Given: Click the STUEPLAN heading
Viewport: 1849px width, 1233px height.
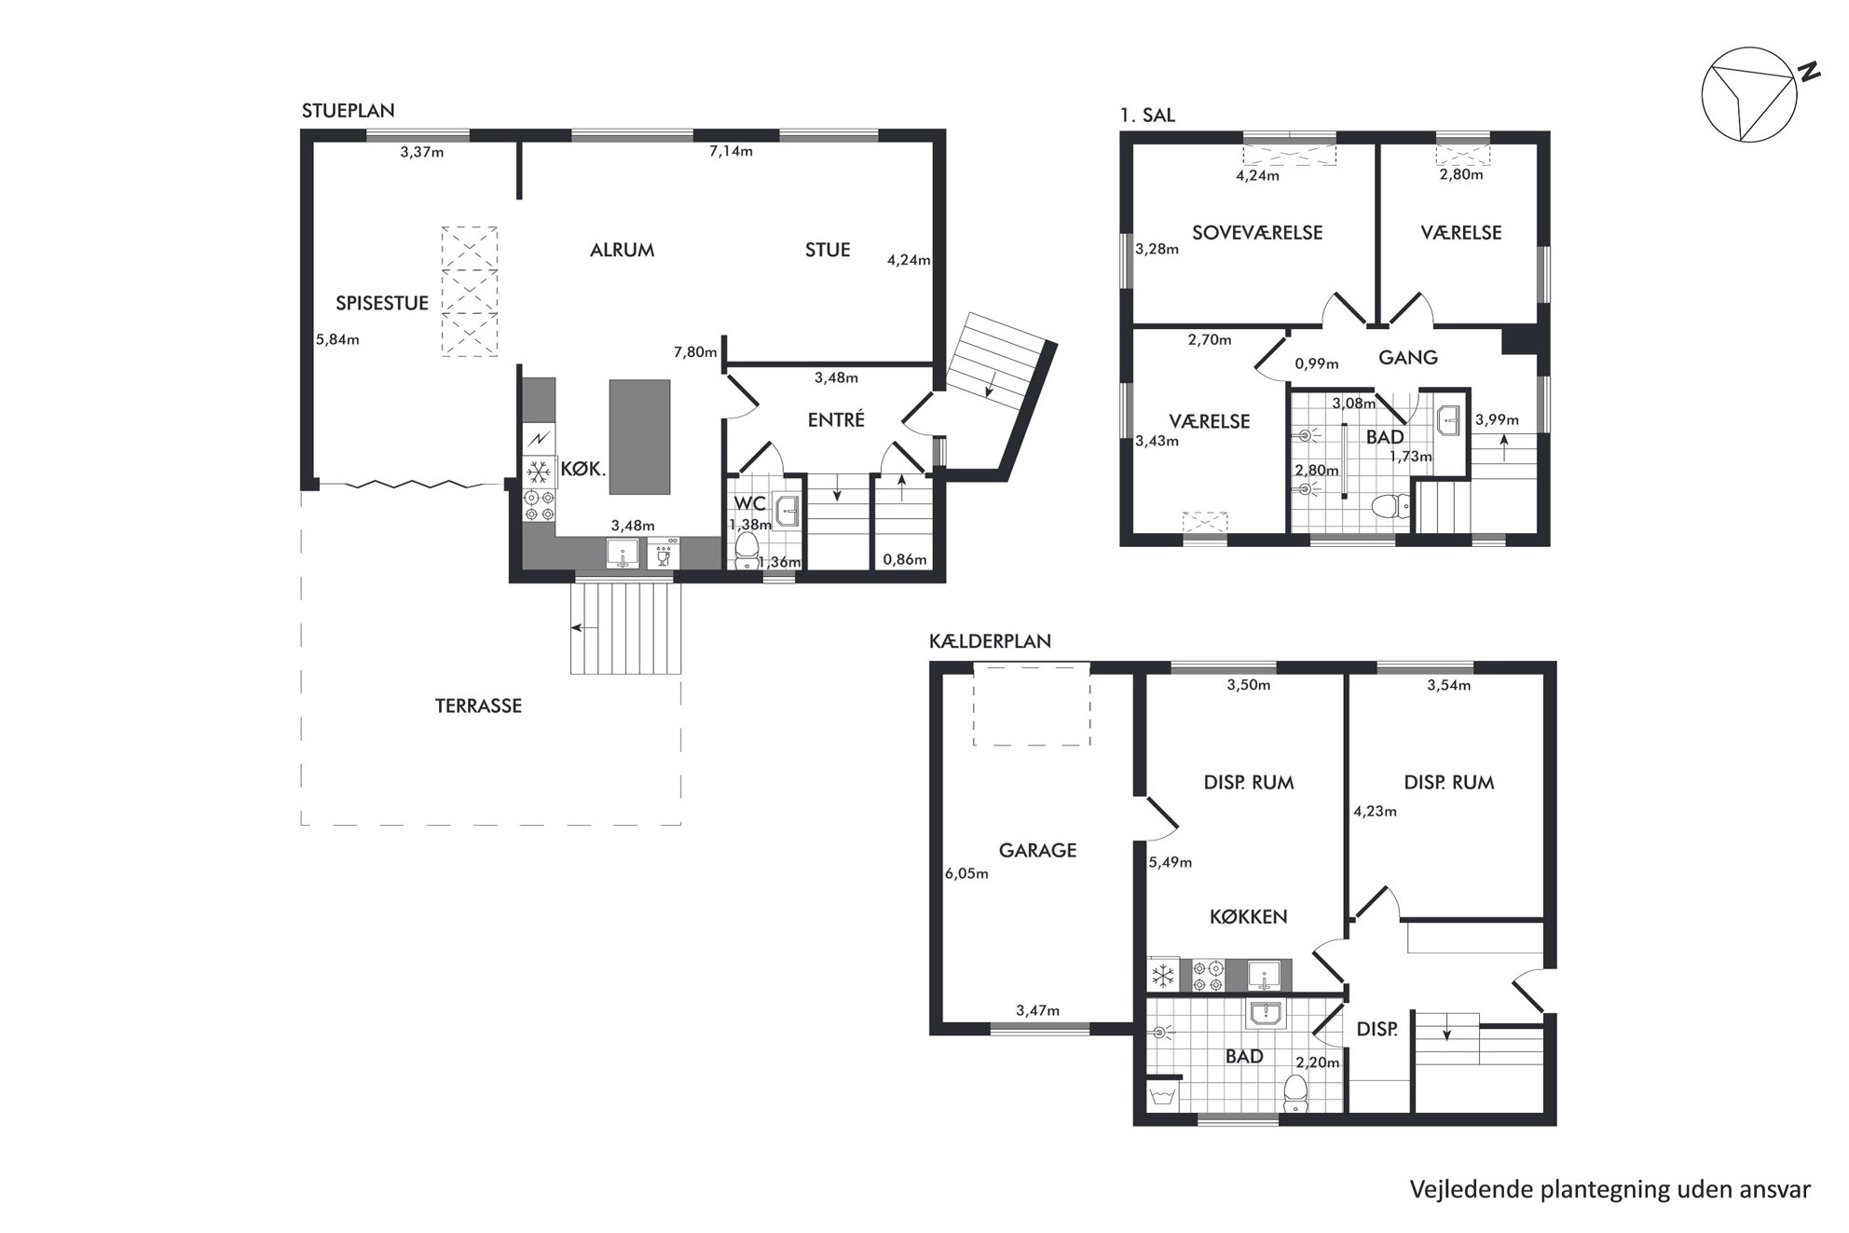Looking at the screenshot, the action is [349, 111].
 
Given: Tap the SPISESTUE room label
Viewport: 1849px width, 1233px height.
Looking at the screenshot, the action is [382, 303].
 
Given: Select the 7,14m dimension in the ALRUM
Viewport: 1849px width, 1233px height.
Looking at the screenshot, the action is [731, 151].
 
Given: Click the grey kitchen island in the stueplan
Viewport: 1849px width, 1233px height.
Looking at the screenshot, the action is [639, 436].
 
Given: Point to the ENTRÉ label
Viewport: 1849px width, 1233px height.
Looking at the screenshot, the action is [836, 420].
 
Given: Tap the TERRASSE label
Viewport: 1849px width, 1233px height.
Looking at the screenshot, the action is [478, 706].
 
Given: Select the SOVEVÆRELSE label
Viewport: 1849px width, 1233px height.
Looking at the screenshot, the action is [1257, 233].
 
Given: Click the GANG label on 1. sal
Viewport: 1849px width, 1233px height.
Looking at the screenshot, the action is [1408, 357].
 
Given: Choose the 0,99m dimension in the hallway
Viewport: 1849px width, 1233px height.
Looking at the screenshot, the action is [1316, 363].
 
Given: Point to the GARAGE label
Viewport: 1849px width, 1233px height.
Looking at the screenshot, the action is [1037, 850].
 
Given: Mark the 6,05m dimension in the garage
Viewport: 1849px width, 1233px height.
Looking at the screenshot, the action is [966, 874].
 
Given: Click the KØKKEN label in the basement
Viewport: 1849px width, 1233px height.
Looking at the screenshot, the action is [1249, 917].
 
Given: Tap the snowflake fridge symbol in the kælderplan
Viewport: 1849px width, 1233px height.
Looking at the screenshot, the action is [1163, 976].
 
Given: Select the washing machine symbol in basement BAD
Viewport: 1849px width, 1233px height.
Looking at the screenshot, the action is [1161, 1095].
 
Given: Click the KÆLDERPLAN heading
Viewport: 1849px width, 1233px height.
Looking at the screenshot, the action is [991, 641].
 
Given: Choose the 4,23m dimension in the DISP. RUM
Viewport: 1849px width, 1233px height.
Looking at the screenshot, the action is [1375, 811].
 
